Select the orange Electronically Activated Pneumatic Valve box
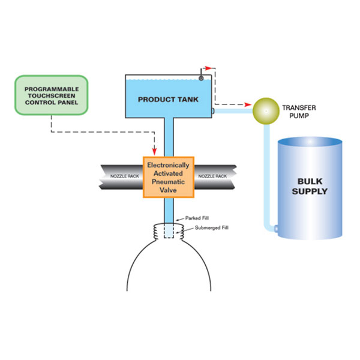(x=169, y=177)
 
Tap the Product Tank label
(x=166, y=99)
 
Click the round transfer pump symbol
(x=262, y=110)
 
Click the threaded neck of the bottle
(x=169, y=230)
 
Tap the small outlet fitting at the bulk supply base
(x=275, y=229)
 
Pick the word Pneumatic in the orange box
(x=169, y=181)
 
